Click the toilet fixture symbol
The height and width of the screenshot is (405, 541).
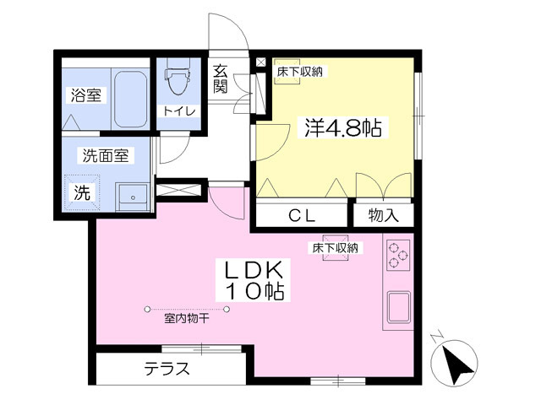(x=178, y=76)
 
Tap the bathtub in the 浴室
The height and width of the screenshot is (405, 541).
(x=130, y=100)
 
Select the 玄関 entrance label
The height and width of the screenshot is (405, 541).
(x=220, y=78)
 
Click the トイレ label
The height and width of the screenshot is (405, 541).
(x=179, y=111)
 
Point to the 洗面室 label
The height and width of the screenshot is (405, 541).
(x=106, y=156)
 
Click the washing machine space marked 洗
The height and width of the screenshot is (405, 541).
(x=82, y=192)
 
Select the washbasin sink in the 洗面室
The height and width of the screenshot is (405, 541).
(x=132, y=197)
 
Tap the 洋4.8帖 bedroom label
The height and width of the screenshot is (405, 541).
(x=343, y=127)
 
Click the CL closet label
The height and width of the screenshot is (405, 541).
(x=302, y=216)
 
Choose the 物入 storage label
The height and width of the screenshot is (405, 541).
(x=383, y=216)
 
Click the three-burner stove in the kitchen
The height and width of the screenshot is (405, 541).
(x=398, y=255)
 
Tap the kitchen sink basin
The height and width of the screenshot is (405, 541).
(x=398, y=307)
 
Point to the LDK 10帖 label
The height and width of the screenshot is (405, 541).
(x=254, y=280)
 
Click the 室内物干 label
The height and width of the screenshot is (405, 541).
(x=187, y=319)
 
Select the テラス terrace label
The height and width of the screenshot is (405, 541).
(x=167, y=370)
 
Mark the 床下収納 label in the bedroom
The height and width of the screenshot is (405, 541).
(x=300, y=72)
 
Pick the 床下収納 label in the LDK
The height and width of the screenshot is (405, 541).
(x=335, y=248)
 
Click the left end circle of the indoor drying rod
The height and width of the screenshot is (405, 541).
(x=147, y=310)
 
